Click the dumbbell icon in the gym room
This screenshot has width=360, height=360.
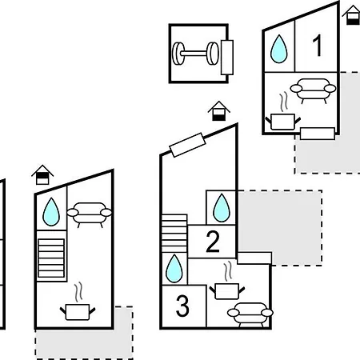195,54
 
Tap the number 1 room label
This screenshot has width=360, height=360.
318,46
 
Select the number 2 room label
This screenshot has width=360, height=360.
213,242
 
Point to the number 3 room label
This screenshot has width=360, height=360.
182,306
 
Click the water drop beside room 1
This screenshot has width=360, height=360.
279,49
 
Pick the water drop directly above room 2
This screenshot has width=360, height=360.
222,208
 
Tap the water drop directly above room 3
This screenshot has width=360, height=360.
174,269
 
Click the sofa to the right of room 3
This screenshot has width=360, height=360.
250,314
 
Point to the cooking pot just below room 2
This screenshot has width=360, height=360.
227,291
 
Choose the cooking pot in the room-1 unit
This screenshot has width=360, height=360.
283,122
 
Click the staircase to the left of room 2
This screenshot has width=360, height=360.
174,234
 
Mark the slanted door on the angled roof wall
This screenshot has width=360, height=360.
187,145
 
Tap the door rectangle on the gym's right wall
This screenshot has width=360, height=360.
227,58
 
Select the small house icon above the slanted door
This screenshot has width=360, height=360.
219,111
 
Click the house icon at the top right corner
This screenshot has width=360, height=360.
353,14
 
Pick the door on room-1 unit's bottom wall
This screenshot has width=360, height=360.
318,134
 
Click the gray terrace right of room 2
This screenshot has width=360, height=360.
280,227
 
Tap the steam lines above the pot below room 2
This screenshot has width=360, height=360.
228,271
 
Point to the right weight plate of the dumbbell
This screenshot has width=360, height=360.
213,54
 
